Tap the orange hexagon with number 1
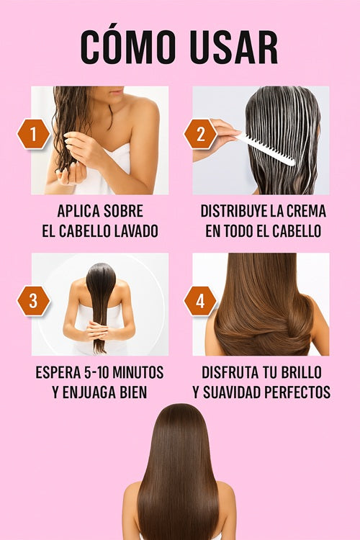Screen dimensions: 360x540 33,134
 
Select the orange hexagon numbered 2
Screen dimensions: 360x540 200,134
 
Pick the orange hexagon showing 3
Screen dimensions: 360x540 33,301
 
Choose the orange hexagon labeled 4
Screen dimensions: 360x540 200,301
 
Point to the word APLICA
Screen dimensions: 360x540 78,211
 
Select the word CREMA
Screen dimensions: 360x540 306,211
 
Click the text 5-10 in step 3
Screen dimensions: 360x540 96,372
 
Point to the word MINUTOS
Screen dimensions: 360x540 138,372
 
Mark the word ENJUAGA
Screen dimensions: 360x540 88,392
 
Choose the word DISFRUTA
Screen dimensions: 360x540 230,372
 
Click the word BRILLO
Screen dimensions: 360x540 302,372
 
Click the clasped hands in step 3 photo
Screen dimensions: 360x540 99,331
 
